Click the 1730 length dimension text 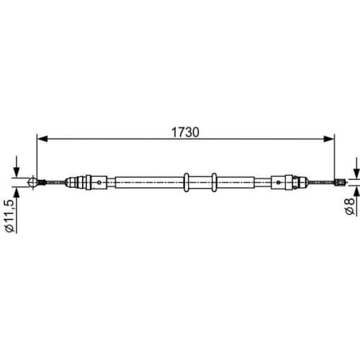(x=185, y=132)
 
